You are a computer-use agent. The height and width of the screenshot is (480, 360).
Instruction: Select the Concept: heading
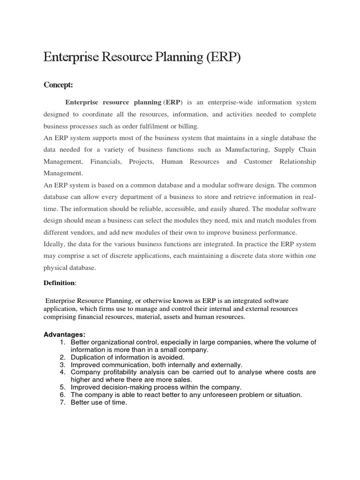click(x=58, y=85)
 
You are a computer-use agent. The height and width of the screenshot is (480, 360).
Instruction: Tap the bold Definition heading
click(x=59, y=283)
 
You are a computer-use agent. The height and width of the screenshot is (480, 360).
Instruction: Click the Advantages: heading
click(x=65, y=334)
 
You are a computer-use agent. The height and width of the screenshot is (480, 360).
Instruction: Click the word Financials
click(x=108, y=161)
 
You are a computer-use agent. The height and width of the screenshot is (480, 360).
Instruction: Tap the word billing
click(x=188, y=126)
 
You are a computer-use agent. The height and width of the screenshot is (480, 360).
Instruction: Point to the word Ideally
click(x=54, y=244)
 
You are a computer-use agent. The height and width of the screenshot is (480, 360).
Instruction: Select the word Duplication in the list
click(x=90, y=357)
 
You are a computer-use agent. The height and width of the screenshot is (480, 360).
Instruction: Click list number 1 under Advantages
click(x=62, y=342)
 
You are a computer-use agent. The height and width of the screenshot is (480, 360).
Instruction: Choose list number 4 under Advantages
click(x=62, y=372)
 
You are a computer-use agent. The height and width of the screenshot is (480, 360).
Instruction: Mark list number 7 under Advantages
click(x=62, y=402)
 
